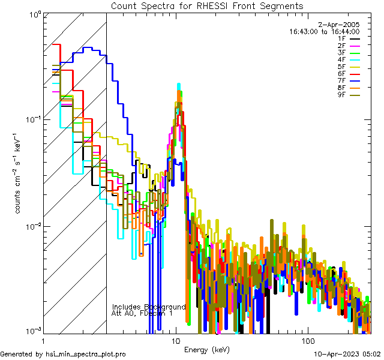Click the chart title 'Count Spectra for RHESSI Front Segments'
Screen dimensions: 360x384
(x=207, y=5)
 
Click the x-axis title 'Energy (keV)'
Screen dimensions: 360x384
(x=206, y=349)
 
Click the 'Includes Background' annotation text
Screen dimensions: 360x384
(x=149, y=307)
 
